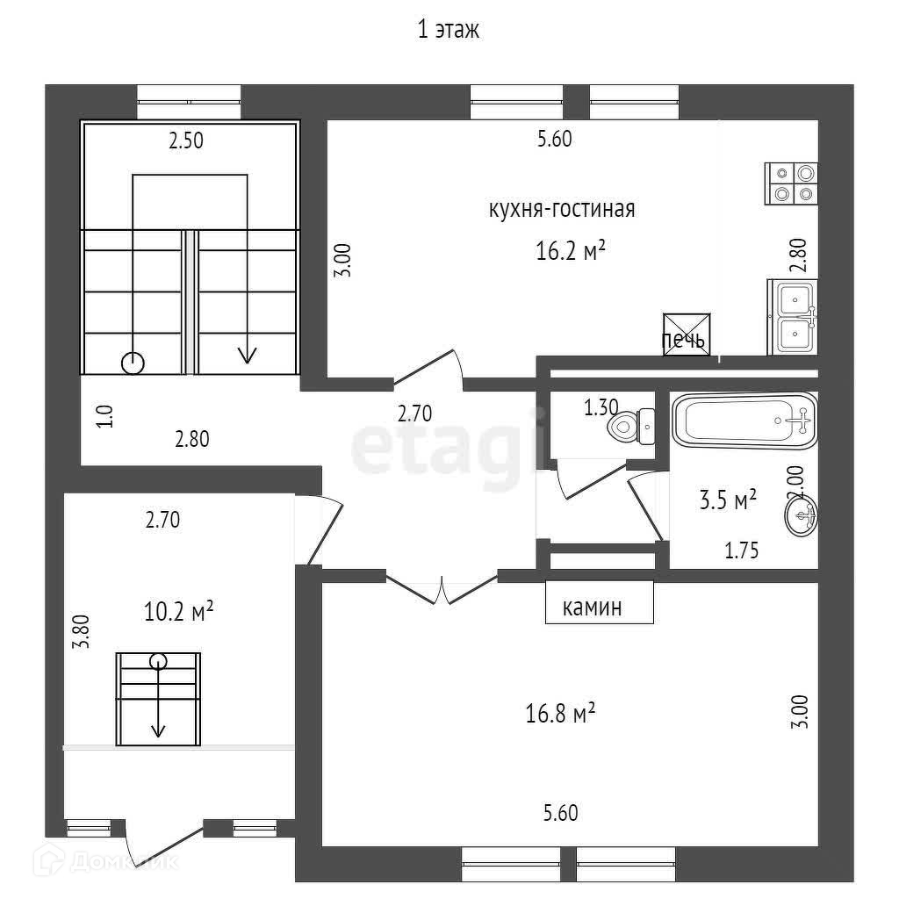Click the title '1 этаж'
coord(449,31)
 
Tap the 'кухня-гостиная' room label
coord(561,210)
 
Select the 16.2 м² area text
coord(572,252)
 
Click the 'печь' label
coord(683,342)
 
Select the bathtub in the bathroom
coord(744,421)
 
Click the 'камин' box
coord(600,606)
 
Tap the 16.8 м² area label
coord(561,715)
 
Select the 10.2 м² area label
coord(179,611)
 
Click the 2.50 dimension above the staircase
coord(186,140)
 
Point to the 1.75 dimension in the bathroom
coord(741,550)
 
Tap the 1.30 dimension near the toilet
coord(601,406)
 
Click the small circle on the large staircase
coord(133,362)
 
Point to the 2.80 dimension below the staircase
coord(191,440)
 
